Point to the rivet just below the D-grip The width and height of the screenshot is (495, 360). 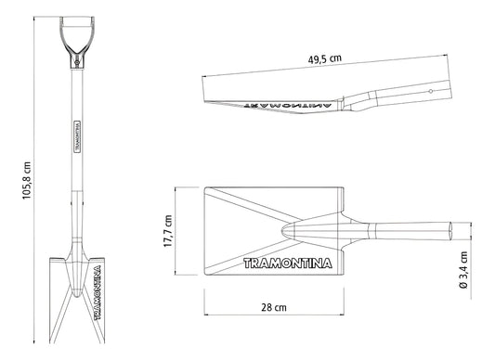click(76, 62)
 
